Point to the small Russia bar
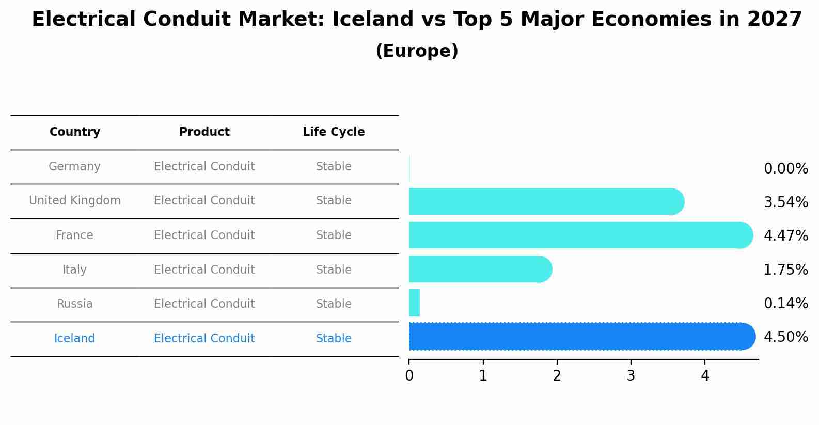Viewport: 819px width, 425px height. [414, 303]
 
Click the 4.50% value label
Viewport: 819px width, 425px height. [785, 337]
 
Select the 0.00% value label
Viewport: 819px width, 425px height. [785, 169]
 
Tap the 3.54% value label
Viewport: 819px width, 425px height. [785, 202]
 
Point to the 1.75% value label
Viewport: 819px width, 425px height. [785, 270]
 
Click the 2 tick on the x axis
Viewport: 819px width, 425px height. [557, 376]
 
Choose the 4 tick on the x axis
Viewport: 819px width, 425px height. [705, 376]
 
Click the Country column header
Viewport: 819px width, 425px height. [75, 132]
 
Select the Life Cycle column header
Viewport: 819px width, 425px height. [334, 132]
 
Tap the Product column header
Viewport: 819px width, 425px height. [204, 132]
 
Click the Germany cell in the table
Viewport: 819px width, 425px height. [74, 167]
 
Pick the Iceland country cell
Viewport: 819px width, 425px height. [74, 339]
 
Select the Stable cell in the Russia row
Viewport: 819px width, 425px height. [334, 304]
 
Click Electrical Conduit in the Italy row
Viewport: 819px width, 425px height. [204, 270]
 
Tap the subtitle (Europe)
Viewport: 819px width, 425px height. [417, 51]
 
